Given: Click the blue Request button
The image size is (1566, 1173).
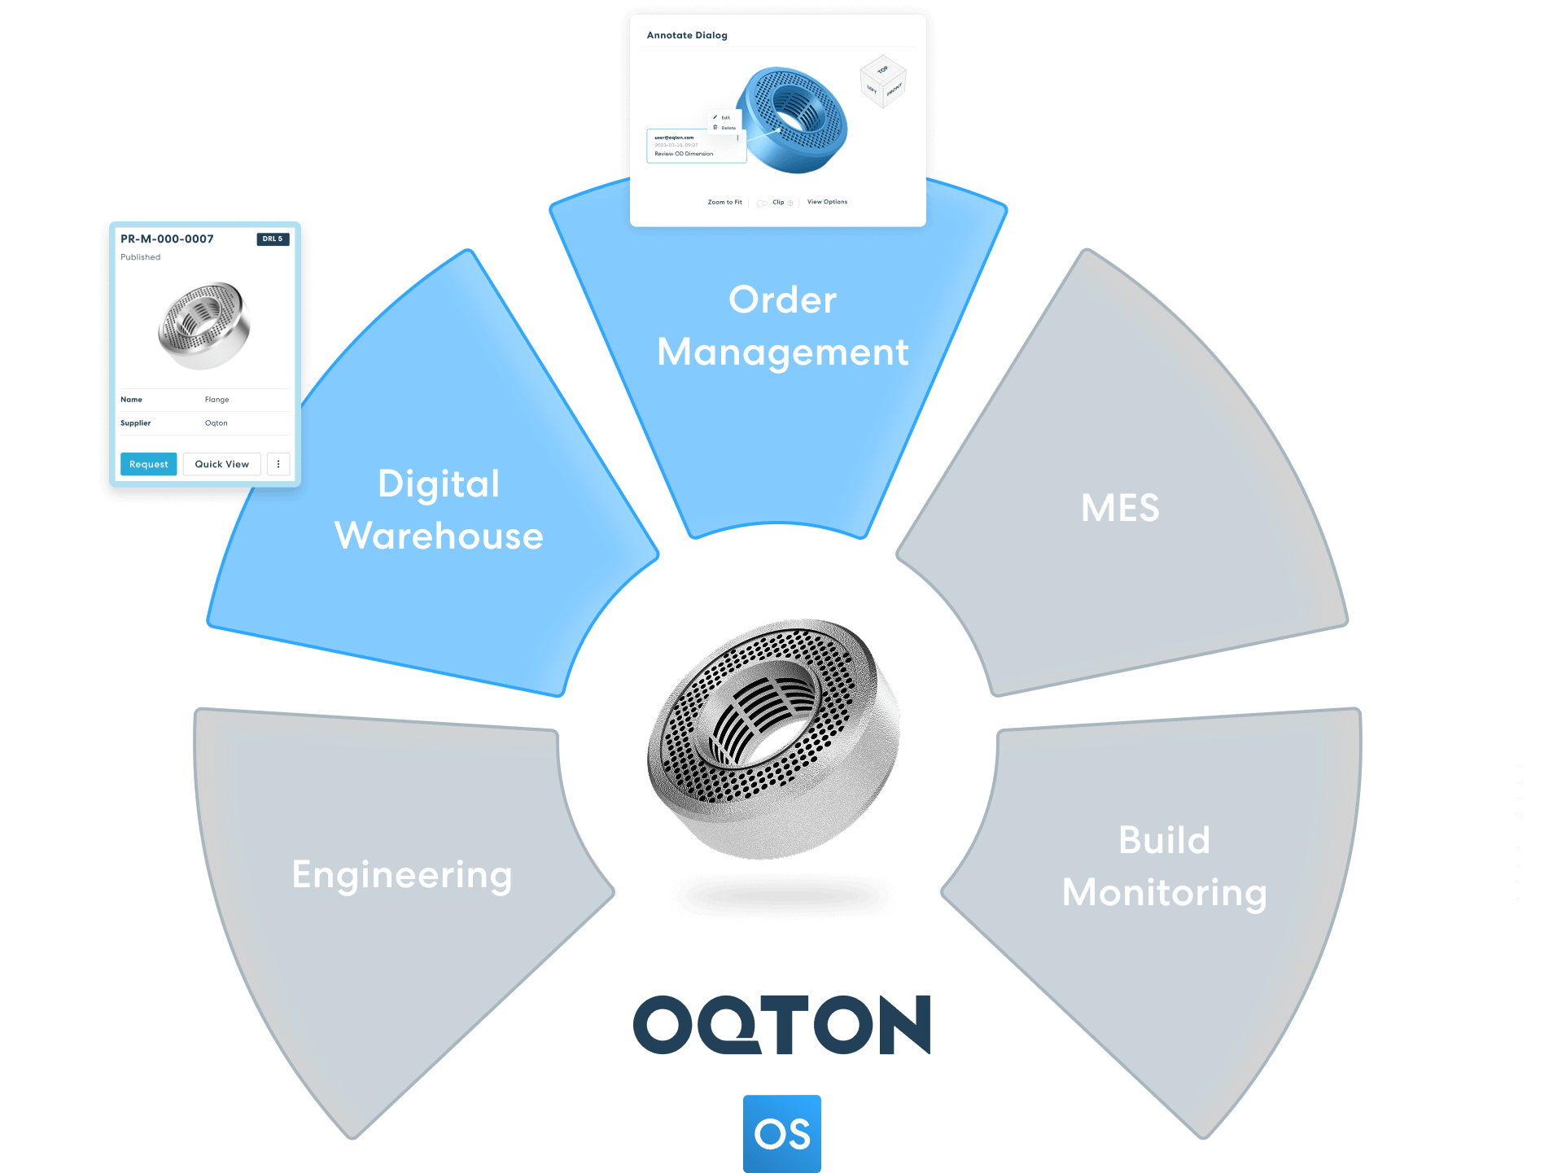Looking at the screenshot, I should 148,464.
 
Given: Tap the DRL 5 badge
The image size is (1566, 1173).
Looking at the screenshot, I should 273,239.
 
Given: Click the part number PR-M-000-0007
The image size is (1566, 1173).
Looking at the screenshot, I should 167,239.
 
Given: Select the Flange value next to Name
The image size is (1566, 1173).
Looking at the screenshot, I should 217,400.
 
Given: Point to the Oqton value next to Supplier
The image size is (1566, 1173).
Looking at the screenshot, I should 216,423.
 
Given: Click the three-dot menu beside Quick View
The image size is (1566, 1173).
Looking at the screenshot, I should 278,464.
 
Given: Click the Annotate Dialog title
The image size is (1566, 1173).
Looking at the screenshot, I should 687,36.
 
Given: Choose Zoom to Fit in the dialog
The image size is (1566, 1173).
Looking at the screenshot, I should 724,202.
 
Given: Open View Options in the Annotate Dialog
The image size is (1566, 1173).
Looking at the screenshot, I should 827,202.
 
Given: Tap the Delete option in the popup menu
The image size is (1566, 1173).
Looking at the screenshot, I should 728,128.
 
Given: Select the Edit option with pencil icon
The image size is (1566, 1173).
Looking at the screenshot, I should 724,117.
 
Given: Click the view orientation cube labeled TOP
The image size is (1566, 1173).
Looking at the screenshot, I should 882,81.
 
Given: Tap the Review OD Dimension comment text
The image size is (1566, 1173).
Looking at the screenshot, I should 684,154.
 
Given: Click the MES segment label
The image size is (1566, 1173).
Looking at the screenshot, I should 1120,508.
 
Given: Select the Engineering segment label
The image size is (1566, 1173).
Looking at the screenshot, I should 402,876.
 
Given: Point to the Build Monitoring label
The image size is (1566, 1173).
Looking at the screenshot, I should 1164,866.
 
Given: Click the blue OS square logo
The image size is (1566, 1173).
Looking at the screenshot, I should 781,1133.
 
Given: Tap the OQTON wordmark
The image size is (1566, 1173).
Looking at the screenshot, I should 781,1024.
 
